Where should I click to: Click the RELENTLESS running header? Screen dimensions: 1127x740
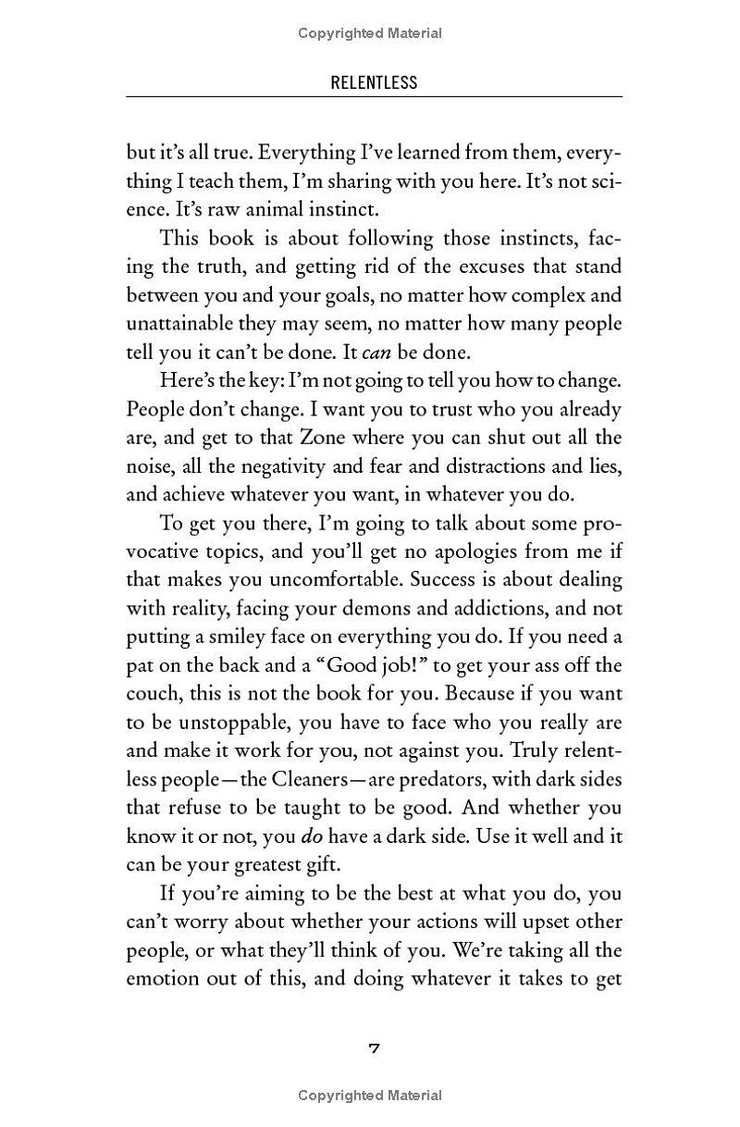(374, 82)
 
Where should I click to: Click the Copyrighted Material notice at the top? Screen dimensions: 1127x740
(370, 33)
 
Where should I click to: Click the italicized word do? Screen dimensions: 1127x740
(311, 836)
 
